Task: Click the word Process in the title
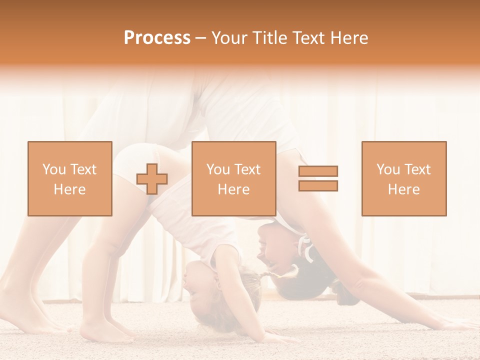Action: pyautogui.click(x=157, y=38)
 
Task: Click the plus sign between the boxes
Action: pyautogui.click(x=152, y=179)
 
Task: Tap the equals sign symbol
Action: pyautogui.click(x=318, y=178)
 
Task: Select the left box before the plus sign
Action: pyautogui.click(x=70, y=178)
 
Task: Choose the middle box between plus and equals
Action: pyautogui.click(x=233, y=178)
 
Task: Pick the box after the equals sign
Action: pyautogui.click(x=404, y=178)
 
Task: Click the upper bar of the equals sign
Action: pyautogui.click(x=318, y=171)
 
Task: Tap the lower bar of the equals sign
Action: pyautogui.click(x=318, y=185)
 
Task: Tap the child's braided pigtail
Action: pyautogui.click(x=282, y=273)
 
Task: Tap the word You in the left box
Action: pyautogui.click(x=54, y=169)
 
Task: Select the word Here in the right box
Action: pyautogui.click(x=404, y=189)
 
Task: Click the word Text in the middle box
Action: pyautogui.click(x=247, y=169)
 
